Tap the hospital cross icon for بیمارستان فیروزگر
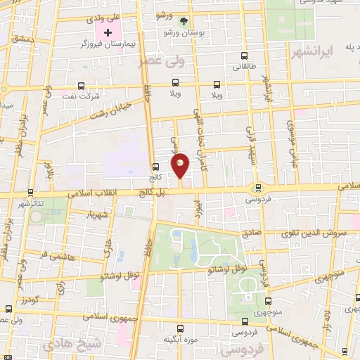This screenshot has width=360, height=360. click(108, 33)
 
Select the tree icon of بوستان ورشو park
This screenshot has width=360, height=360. click(184, 22)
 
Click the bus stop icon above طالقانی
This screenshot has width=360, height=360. click(244, 56)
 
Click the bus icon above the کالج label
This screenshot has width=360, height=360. click(155, 167)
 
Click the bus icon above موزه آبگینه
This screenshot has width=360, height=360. click(181, 328)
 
